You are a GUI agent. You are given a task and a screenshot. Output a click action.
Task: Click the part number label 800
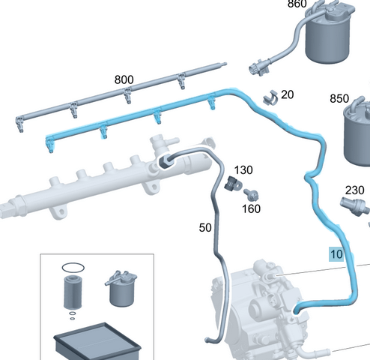click(x=124, y=79)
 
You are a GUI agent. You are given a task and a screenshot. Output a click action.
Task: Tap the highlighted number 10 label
click(x=336, y=254)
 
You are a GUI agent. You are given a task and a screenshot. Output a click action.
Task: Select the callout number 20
click(x=287, y=94)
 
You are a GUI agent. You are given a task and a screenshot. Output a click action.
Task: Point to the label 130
click(x=243, y=170)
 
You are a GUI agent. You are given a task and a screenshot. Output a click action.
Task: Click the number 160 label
click(x=252, y=208)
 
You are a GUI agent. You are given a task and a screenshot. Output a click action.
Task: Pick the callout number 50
click(x=205, y=228)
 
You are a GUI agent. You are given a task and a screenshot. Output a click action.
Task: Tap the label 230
click(x=355, y=190)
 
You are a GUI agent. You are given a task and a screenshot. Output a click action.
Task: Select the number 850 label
click(x=339, y=98)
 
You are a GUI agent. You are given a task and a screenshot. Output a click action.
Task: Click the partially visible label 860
click(x=297, y=4)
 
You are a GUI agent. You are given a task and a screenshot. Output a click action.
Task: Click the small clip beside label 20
click(x=270, y=97)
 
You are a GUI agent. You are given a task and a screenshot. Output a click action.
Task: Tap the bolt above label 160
click(x=252, y=195)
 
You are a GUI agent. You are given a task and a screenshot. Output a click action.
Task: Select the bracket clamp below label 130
click(x=233, y=184)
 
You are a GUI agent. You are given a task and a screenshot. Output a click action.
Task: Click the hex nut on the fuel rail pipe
click(x=166, y=161)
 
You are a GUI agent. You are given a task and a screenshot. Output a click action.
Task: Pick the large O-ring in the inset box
click(x=73, y=268)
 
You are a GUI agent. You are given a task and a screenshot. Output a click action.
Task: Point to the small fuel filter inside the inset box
click(x=121, y=289)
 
